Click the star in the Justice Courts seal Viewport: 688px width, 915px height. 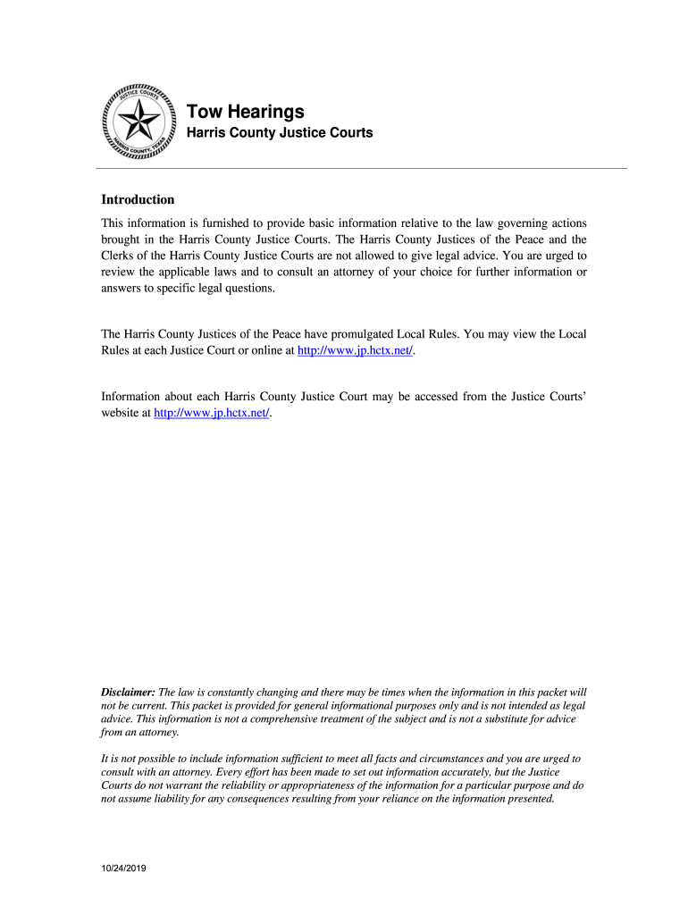pyautogui.click(x=140, y=120)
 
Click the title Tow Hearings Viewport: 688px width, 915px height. pyautogui.click(x=245, y=112)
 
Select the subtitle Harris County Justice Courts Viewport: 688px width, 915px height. pyautogui.click(x=279, y=133)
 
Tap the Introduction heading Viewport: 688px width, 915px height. pyautogui.click(x=138, y=199)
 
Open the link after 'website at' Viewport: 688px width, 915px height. pyautogui.click(x=211, y=414)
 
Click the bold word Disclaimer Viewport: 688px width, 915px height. pyautogui.click(x=128, y=693)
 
